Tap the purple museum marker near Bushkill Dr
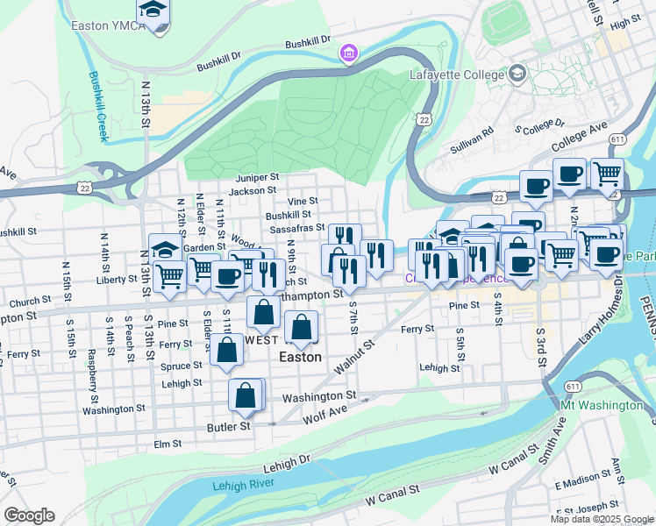[350, 54]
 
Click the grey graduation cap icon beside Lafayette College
[517, 73]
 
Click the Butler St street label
[228, 426]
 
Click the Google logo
[29, 515]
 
